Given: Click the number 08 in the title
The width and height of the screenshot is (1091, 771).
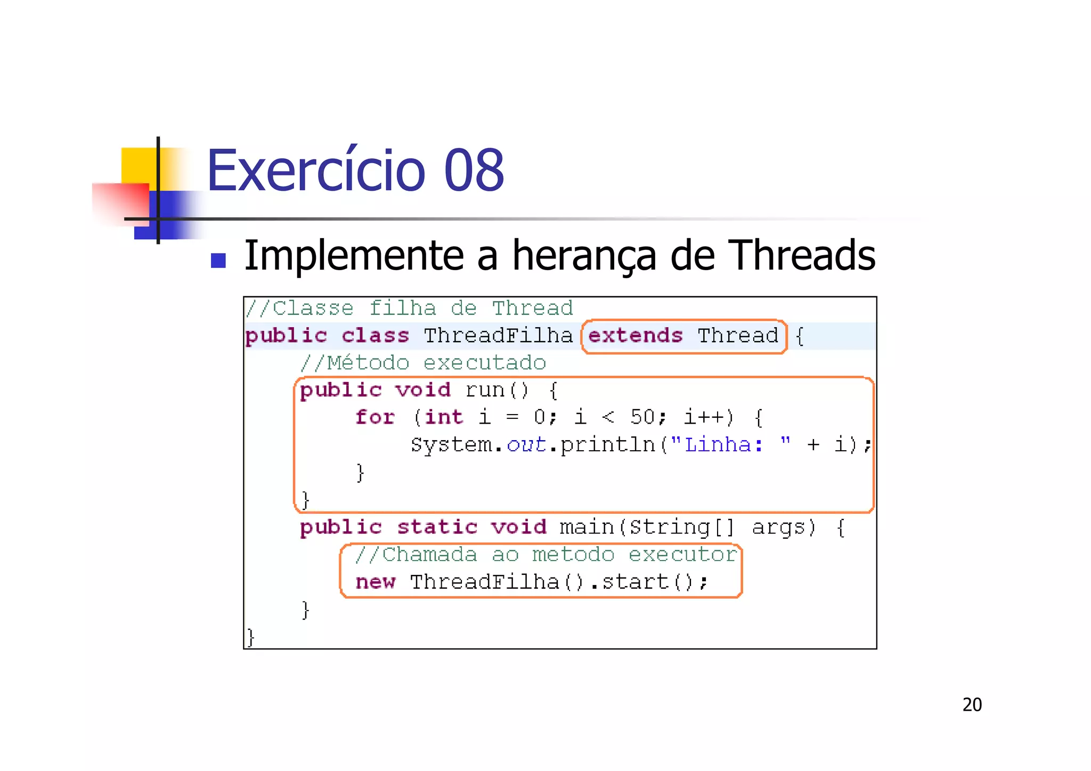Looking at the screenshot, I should coord(474,171).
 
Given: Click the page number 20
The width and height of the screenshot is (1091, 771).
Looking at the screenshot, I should coord(972,705).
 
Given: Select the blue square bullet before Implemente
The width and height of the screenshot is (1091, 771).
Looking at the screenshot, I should coord(218,261).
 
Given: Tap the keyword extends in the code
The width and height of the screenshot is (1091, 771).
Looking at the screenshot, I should coord(635,336).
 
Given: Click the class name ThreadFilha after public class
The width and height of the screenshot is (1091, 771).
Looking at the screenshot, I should coord(498,336).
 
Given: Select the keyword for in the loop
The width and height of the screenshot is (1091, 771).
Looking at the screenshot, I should coord(375,417).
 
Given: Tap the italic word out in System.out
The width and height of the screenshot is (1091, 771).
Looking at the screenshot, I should coord(526,444).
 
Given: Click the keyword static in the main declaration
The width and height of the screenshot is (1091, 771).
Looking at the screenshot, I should coord(437,527).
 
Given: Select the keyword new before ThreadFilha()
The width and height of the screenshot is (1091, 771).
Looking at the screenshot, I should coord(375,582).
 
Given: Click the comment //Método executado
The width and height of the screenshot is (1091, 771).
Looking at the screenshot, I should coord(423,363).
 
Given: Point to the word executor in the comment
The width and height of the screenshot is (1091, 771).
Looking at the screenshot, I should coord(683,555).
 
